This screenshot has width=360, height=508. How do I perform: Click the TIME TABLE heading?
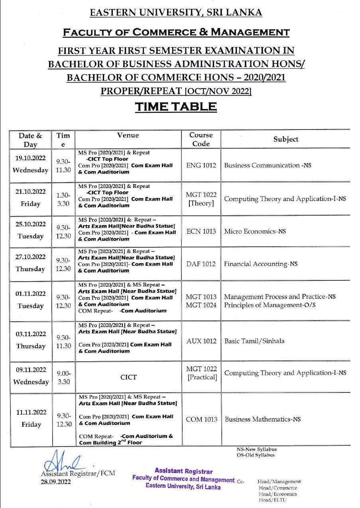pyautogui.click(x=176, y=107)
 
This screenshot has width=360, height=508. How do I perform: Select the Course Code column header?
pyautogui.click(x=201, y=139)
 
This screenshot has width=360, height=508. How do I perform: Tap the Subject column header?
pyautogui.click(x=285, y=139)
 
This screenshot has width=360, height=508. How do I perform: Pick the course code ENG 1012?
pyautogui.click(x=201, y=165)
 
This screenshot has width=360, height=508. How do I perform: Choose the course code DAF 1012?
pyautogui.click(x=201, y=264)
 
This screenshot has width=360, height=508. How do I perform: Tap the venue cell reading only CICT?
pyautogui.click(x=128, y=377)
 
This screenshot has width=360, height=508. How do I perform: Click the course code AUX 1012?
pyautogui.click(x=201, y=341)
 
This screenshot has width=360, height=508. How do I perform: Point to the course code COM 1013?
pyautogui.click(x=201, y=419)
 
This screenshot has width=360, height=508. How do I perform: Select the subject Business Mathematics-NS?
pyautogui.click(x=263, y=419)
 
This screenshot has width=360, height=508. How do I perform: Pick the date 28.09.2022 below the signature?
pyautogui.click(x=56, y=482)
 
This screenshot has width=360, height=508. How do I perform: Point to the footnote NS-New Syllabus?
pyautogui.click(x=256, y=449)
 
